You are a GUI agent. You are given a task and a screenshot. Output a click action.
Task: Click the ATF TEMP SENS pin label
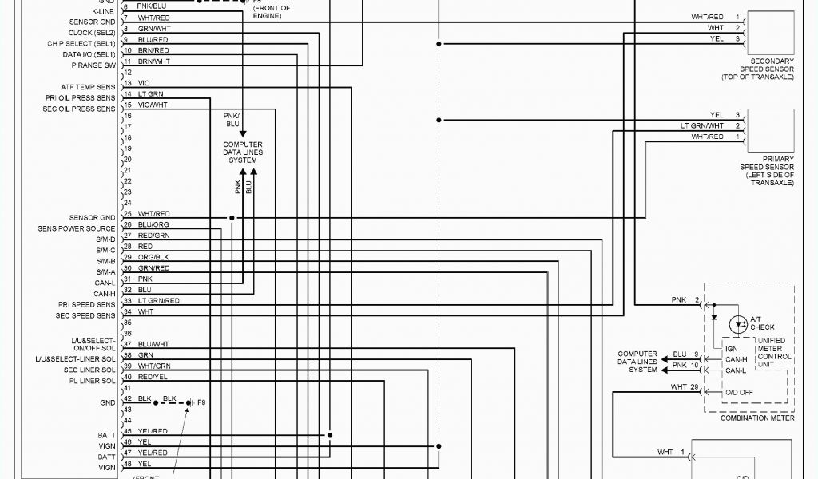coord(88,87)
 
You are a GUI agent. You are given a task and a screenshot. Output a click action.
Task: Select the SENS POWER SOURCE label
coord(77,228)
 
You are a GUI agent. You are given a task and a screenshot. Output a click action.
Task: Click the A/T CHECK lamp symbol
coord(739,324)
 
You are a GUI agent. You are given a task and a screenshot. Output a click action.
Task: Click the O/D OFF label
coord(738,391)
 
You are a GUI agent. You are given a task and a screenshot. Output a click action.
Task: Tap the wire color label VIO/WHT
coord(153,105)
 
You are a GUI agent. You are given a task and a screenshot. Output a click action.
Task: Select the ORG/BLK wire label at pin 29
coord(153,257)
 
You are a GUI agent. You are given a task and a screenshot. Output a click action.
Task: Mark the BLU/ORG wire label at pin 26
coord(153,224)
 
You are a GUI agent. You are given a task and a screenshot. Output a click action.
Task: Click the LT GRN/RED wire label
coord(158,300)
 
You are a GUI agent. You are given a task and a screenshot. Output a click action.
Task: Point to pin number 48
coord(127,464)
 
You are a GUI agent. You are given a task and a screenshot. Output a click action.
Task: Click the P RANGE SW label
coord(93,65)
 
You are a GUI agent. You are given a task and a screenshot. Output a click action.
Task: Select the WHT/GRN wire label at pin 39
coord(153,366)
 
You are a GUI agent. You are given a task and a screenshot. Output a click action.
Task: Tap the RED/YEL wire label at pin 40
coord(152,377)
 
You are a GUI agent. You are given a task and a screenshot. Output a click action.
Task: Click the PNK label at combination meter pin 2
coord(679,300)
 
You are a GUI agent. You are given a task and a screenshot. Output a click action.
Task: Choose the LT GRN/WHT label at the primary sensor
coord(702,125)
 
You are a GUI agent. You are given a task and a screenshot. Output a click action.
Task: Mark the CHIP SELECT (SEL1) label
coord(81,44)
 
